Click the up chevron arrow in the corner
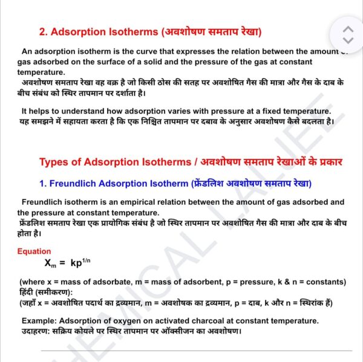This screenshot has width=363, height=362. pyautogui.click(x=347, y=29)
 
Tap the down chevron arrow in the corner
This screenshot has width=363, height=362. pyautogui.click(x=347, y=40)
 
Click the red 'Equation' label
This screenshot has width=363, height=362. pyautogui.click(x=34, y=251)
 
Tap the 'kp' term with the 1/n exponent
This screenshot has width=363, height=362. pyautogui.click(x=79, y=263)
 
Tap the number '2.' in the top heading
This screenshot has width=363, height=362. pyautogui.click(x=44, y=31)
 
